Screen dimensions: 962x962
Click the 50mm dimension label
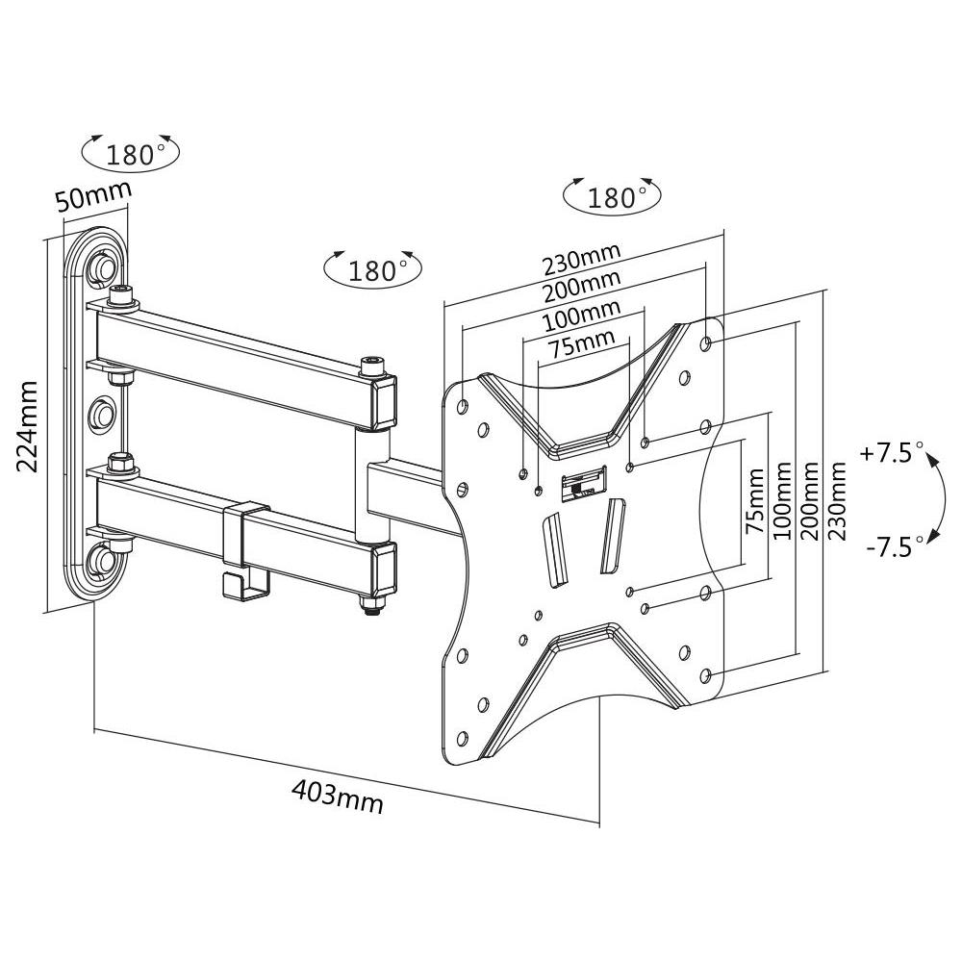pos(91,198)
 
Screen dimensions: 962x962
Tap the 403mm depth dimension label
pos(337,795)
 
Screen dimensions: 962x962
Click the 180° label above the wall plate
pos(131,153)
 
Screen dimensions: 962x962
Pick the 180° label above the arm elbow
pos(372,269)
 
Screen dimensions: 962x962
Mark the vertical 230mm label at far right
pos(839,500)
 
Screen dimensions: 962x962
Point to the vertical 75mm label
pos(756,500)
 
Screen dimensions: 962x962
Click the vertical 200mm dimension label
pos(810,500)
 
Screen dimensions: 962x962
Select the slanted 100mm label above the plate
pos(581,316)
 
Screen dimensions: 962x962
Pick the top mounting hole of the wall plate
pos(101,266)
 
